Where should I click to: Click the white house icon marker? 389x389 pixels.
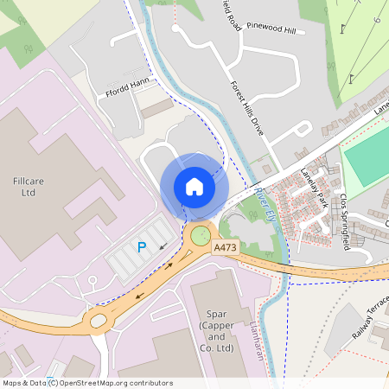pyautogui.click(x=194, y=186)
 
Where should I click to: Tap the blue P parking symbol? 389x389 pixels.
pyautogui.click(x=142, y=247)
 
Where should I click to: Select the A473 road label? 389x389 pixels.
pyautogui.click(x=225, y=248)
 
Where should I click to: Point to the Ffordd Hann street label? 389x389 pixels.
pyautogui.click(x=127, y=85)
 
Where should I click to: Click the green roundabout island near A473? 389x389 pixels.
pyautogui.click(x=201, y=234)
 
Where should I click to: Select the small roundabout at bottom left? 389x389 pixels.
pyautogui.click(x=98, y=322)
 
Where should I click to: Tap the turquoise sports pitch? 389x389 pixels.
pyautogui.click(x=368, y=156)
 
